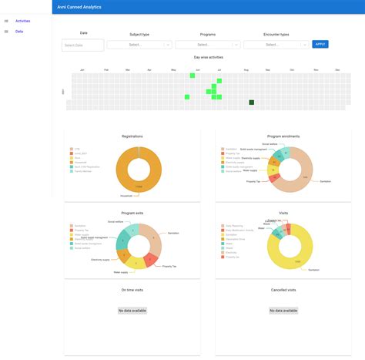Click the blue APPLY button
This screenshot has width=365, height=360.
(x=320, y=44)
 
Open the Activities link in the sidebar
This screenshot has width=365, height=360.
(x=22, y=21)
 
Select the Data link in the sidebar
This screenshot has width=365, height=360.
(x=19, y=32)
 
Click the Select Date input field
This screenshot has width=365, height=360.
(x=82, y=45)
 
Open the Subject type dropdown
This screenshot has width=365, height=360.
(x=139, y=45)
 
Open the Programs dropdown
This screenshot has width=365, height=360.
(x=207, y=45)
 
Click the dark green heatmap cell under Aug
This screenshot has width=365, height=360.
(x=252, y=103)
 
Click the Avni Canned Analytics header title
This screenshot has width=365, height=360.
(x=80, y=6)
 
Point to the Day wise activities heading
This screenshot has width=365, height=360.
(x=208, y=57)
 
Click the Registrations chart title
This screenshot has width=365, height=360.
(x=132, y=136)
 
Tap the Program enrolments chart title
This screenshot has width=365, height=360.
(x=283, y=136)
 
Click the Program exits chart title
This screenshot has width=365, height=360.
(x=132, y=213)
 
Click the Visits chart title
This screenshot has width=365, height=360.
(x=283, y=213)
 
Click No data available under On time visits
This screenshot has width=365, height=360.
(x=132, y=310)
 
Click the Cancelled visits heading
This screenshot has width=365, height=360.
(x=283, y=290)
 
